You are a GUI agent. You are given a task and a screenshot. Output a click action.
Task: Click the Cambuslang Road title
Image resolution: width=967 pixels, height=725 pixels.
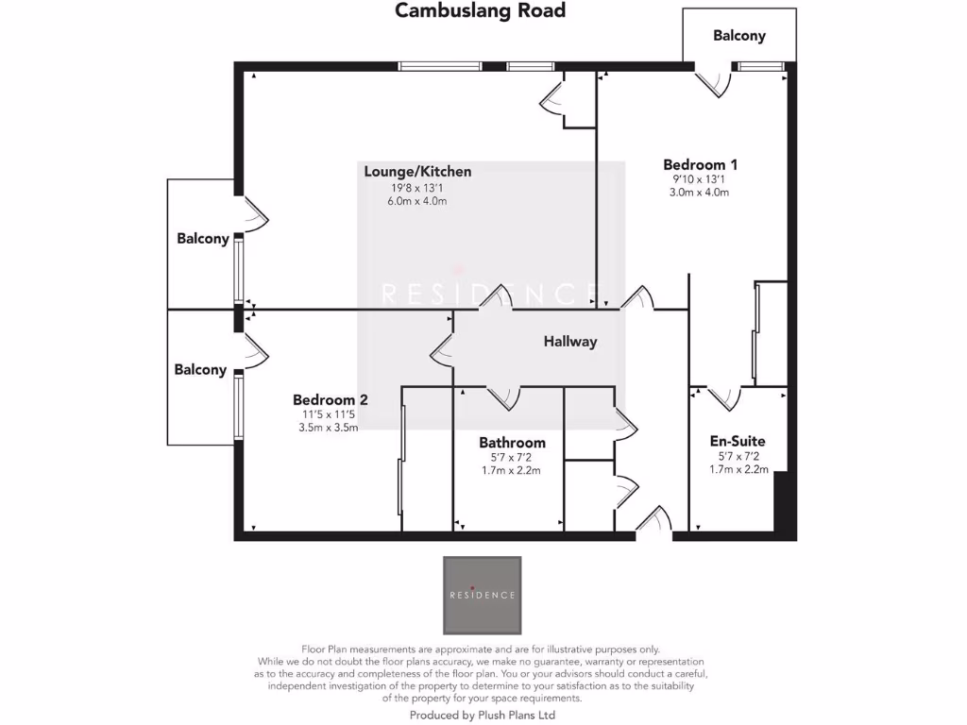coord(480,11)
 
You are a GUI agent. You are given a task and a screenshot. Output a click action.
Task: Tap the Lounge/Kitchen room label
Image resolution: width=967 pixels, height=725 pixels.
coord(417,172)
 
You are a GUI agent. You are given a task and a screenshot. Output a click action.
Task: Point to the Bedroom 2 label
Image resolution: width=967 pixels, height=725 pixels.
coord(330,399)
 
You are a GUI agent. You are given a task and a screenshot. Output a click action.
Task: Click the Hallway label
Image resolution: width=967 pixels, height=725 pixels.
coord(570,342)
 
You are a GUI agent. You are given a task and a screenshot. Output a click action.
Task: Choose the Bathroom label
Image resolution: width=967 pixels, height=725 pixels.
coord(512,442)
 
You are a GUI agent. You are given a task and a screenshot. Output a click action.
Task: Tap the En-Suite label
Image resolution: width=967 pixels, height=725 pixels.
coord(738,441)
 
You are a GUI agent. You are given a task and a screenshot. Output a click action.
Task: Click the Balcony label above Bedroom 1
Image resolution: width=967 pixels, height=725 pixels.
coord(739,36)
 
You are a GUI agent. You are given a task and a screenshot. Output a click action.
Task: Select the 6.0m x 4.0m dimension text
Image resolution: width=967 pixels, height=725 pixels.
coord(417,201)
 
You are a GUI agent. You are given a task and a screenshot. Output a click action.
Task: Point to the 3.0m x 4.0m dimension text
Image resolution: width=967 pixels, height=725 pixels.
coord(700,192)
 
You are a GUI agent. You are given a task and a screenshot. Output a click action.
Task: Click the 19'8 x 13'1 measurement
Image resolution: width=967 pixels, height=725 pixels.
coord(417,187)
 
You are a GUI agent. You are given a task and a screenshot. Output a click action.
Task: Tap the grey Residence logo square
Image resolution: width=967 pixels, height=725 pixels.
coord(483,595)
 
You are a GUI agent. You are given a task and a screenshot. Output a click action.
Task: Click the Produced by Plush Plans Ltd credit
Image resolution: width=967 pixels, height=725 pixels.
coord(483,716)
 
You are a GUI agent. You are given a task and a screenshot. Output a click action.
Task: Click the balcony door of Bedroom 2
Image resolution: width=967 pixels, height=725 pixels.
coord(255,350)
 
